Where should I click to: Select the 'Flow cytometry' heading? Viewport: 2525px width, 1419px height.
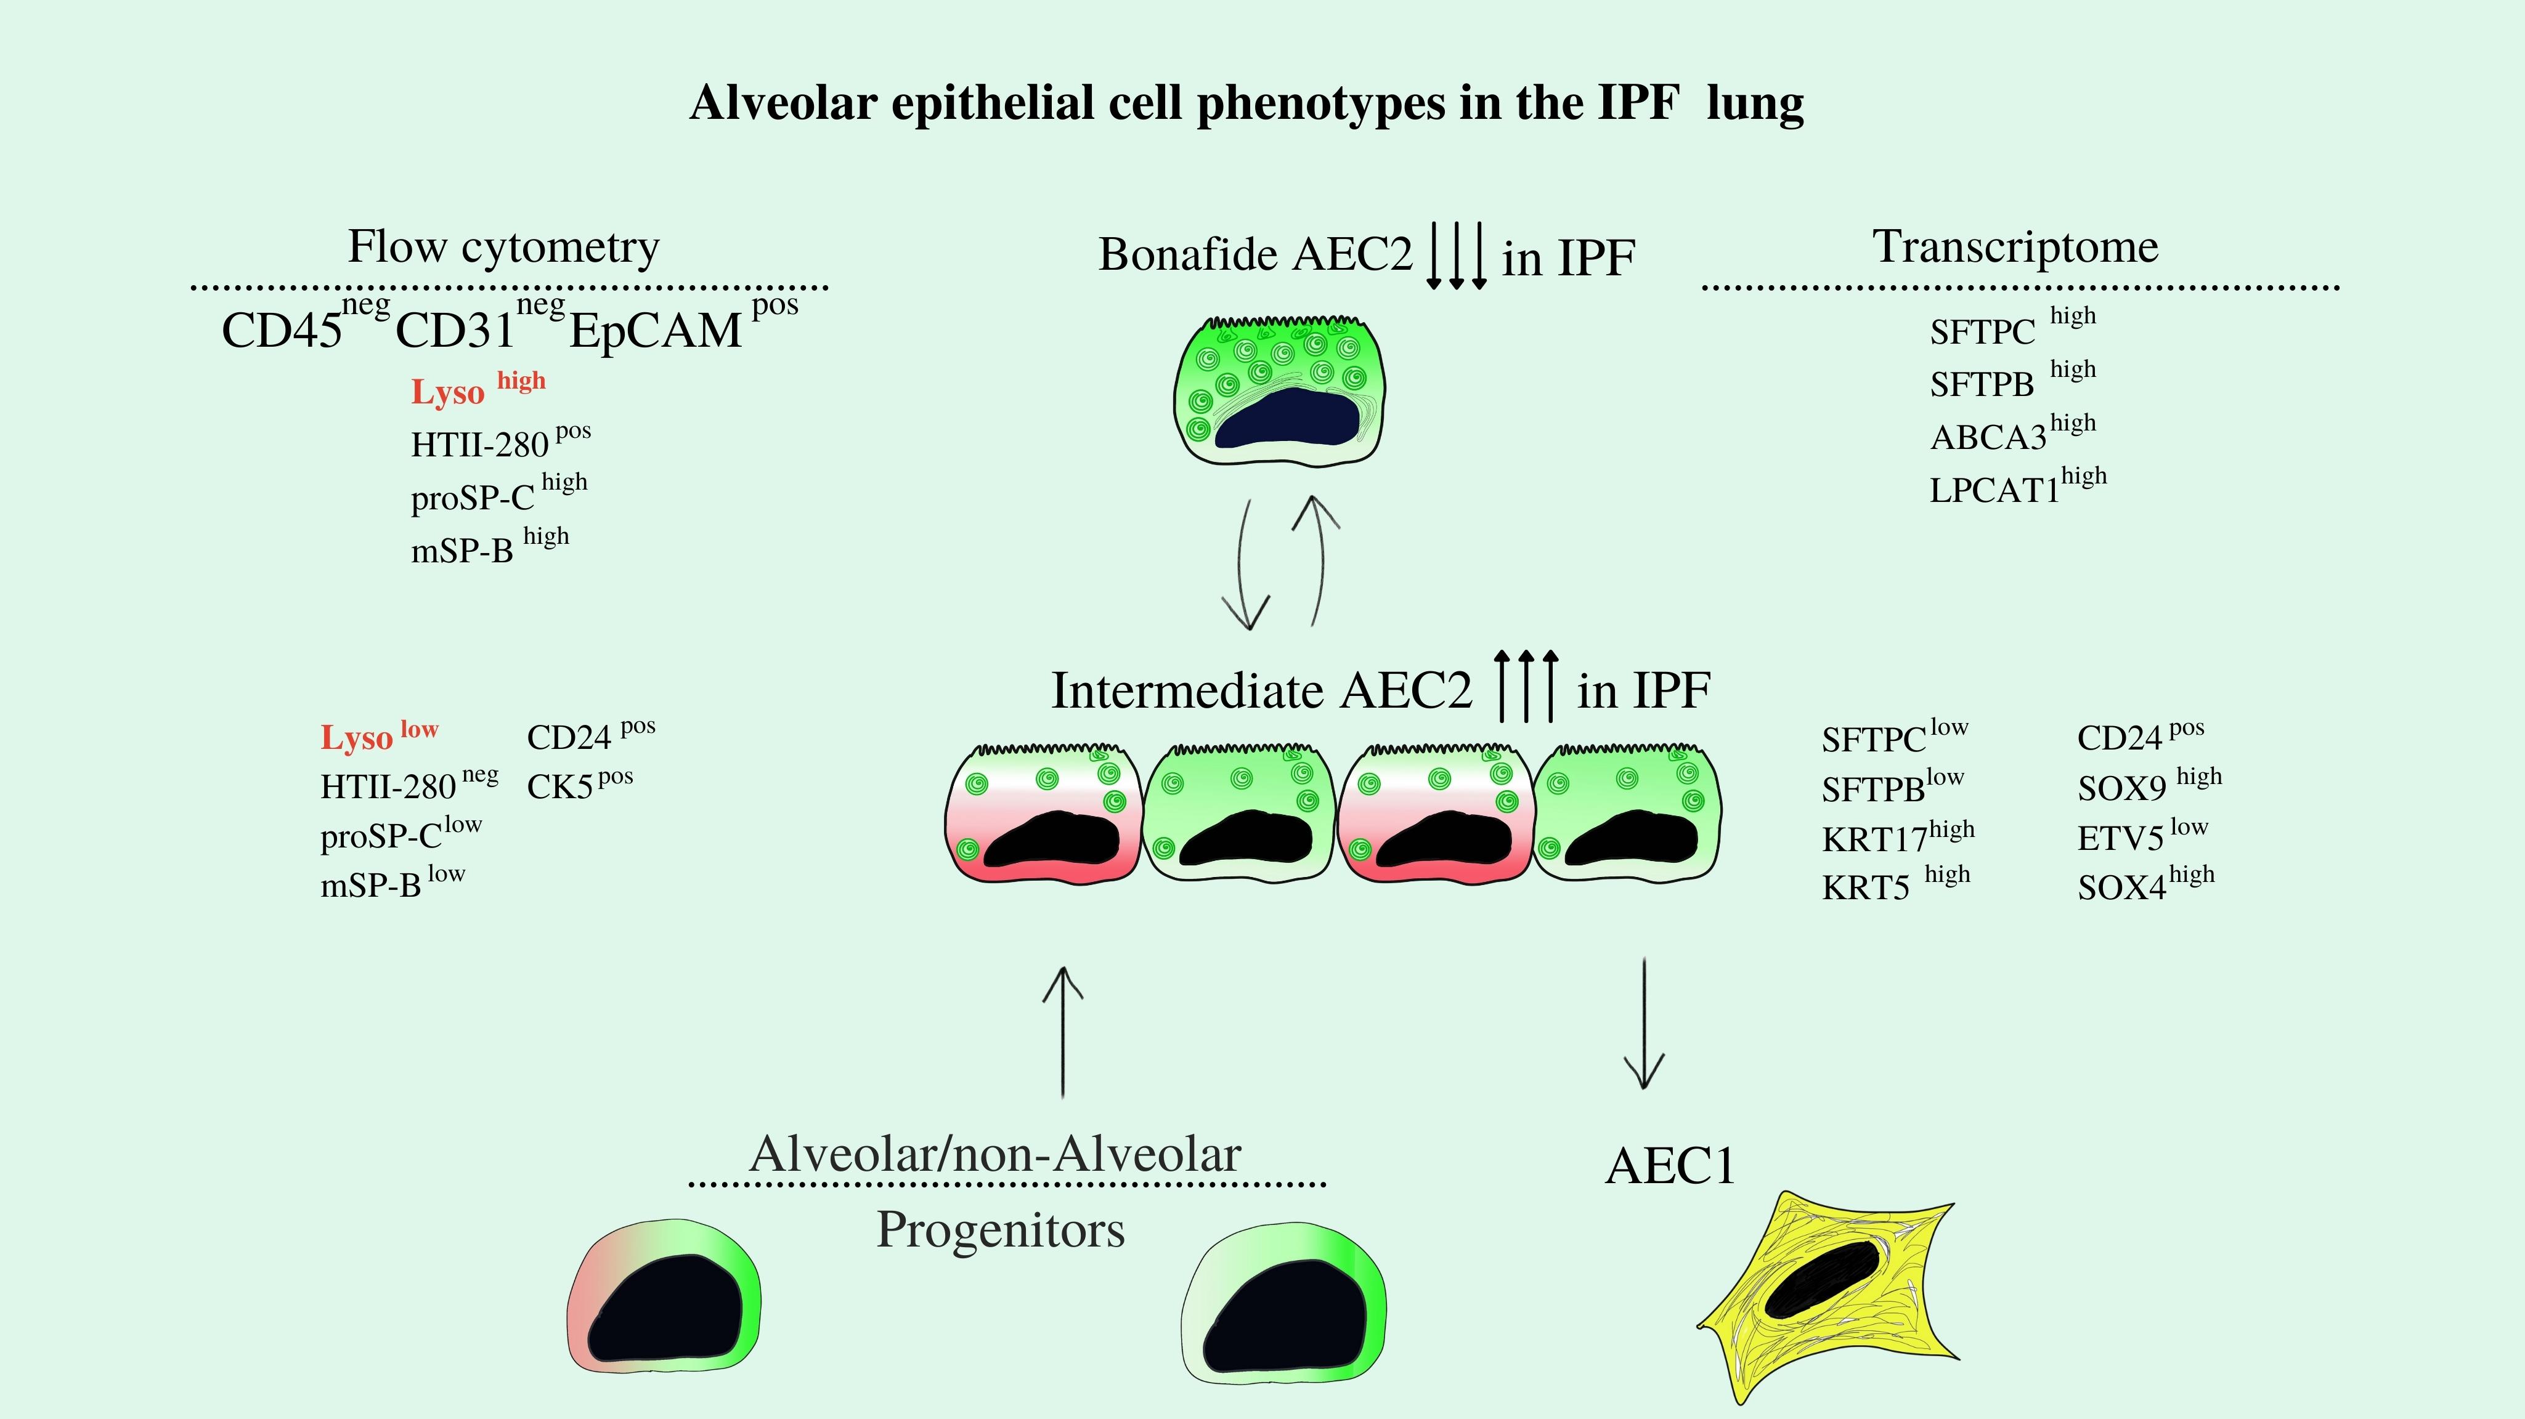coord(504,247)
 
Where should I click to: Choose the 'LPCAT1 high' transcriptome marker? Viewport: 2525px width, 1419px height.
coord(2017,487)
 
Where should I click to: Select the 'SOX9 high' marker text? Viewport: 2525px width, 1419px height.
coord(2149,786)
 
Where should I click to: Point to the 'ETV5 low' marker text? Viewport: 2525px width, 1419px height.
coord(2142,836)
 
